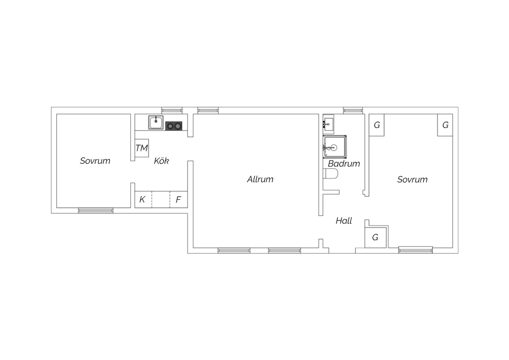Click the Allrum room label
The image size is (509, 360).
tap(260, 179)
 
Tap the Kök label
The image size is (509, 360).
tap(161, 161)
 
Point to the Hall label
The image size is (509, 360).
tap(344, 221)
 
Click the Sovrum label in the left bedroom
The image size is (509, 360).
tap(95, 161)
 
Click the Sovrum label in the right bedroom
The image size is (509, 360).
tap(412, 180)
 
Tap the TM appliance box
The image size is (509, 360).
tap(142, 148)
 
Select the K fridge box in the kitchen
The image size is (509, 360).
tap(144, 199)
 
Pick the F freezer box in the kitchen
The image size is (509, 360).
tap(178, 199)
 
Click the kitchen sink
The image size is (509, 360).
tap(156, 123)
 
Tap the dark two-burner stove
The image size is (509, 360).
tap(174, 126)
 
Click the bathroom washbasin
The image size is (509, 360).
tap(328, 124)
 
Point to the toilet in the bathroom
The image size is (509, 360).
tap(331, 174)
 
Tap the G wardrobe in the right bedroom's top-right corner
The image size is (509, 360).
tap(445, 125)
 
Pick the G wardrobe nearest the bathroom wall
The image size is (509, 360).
tap(377, 125)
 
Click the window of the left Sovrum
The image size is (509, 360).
tap(96, 211)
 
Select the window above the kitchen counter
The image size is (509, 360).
tap(172, 110)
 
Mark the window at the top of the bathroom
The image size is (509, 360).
tap(353, 110)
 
